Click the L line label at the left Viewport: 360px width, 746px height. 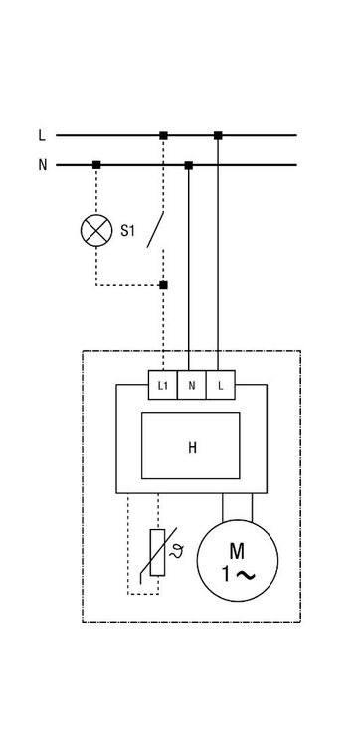[x=42, y=135]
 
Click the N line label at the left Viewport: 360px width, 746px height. [x=43, y=165]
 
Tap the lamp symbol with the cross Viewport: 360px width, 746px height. [x=96, y=231]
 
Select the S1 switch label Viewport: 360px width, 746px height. [x=127, y=231]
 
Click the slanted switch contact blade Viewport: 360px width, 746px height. [x=155, y=230]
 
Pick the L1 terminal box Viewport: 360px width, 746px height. [x=163, y=385]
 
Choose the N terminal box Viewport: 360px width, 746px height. [x=192, y=385]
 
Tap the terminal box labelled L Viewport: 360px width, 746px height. [x=221, y=385]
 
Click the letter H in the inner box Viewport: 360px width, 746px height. [x=192, y=448]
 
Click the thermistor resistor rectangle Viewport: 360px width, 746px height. [x=157, y=552]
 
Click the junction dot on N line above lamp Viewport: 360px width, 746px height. [x=96, y=165]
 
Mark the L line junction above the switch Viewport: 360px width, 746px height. [x=164, y=135]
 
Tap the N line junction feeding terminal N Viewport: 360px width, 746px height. [x=189, y=165]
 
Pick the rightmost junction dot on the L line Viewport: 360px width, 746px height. [x=218, y=135]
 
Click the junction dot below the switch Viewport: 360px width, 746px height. [x=164, y=285]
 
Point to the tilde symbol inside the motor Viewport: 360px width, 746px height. [x=245, y=576]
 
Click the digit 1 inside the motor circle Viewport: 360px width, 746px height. [x=226, y=575]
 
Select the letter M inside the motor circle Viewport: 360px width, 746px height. [x=237, y=551]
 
